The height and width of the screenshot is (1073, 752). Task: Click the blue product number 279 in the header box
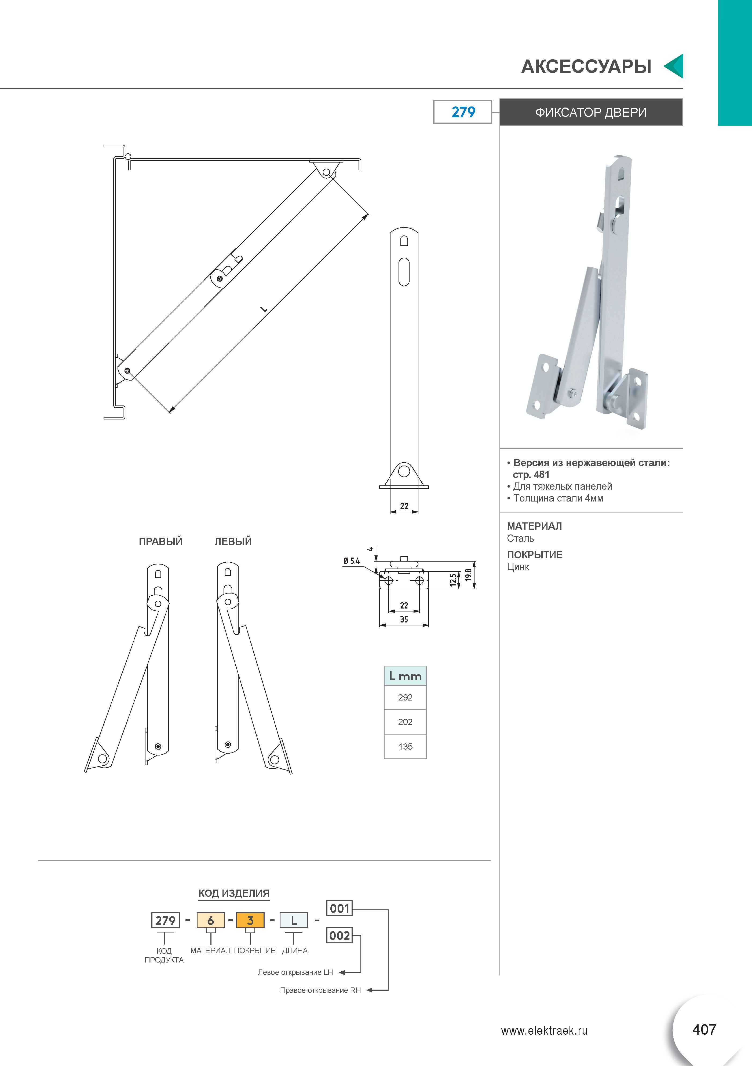tap(463, 112)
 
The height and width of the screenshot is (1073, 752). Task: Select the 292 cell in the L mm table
tap(405, 697)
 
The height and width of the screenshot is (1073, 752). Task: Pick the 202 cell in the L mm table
tap(405, 722)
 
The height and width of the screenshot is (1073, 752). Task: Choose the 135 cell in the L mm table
tap(405, 746)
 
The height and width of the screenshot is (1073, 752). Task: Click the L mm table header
tap(405, 676)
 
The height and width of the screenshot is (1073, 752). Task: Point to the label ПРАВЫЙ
tap(160, 541)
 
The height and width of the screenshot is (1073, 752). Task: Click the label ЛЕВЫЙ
tap(233, 541)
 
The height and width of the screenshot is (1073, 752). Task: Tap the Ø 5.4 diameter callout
tap(352, 561)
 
